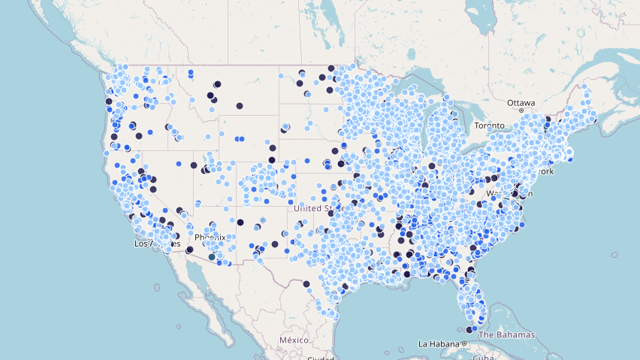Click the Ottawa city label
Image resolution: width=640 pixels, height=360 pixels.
click(521, 102)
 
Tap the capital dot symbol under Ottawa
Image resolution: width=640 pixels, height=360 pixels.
click(521, 111)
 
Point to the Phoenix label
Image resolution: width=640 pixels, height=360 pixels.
click(210, 237)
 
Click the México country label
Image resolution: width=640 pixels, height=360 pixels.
click(294, 340)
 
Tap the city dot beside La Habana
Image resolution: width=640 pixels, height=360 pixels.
click(464, 344)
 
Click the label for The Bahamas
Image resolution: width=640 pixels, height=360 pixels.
click(506, 334)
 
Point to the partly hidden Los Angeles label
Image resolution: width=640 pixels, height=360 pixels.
click(156, 244)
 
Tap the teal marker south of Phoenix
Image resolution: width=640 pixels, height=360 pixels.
click(213, 256)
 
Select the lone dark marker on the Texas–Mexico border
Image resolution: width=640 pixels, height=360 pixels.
click(306, 284)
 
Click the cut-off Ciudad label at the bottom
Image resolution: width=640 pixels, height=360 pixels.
click(321, 358)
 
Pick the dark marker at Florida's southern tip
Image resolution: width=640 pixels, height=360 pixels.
click(469, 329)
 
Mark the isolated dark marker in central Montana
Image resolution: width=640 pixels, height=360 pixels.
click(240, 105)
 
